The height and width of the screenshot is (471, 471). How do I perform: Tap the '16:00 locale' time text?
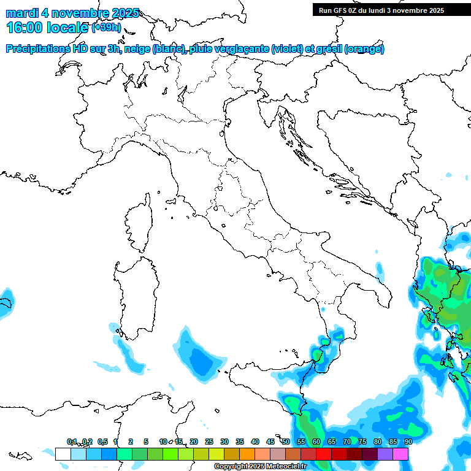pyautogui.click(x=47, y=28)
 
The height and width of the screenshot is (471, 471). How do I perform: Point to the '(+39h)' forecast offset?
pyautogui.click(x=106, y=28)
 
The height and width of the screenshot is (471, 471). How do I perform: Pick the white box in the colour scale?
pyautogui.click(x=63, y=454)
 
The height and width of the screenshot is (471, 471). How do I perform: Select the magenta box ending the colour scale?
pyautogui.click(x=400, y=454)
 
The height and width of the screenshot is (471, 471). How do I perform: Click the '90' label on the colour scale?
pyautogui.click(x=408, y=442)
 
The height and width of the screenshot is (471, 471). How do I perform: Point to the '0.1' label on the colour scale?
pyautogui.click(x=72, y=442)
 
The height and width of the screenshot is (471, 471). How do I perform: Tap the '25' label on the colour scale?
pyautogui.click(x=209, y=442)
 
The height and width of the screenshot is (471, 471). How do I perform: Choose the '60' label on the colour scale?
pyautogui.click(x=316, y=442)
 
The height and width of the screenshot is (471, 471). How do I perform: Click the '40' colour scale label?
pyautogui.click(x=255, y=442)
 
